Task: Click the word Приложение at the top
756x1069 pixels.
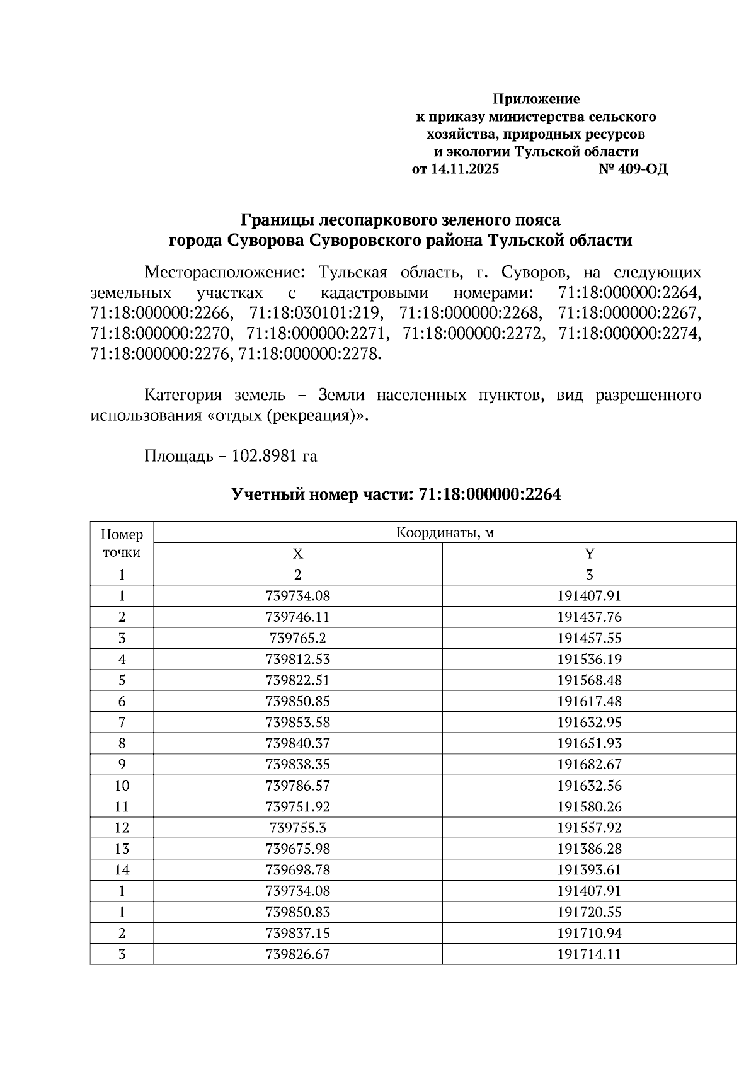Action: tap(535, 99)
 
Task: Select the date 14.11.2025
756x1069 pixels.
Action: tap(464, 169)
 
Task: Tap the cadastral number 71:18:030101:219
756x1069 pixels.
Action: tap(315, 313)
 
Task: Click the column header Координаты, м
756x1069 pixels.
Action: tap(445, 533)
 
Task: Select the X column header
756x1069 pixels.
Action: tap(297, 554)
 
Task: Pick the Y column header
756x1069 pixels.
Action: tap(589, 554)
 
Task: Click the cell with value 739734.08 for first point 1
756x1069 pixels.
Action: tap(297, 596)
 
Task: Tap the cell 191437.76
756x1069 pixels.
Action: tap(589, 617)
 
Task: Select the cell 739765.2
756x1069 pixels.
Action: tap(297, 638)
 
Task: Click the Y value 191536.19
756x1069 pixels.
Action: tap(589, 659)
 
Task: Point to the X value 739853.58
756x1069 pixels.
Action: tap(297, 723)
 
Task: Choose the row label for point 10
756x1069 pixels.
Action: tap(122, 786)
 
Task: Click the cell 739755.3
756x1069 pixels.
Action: tap(297, 828)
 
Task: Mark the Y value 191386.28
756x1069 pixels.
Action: tap(589, 849)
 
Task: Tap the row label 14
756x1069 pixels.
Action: tap(122, 870)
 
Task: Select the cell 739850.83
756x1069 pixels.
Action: tap(297, 912)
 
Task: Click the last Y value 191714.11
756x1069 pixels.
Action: tap(589, 954)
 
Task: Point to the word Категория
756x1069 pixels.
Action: tap(183, 396)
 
